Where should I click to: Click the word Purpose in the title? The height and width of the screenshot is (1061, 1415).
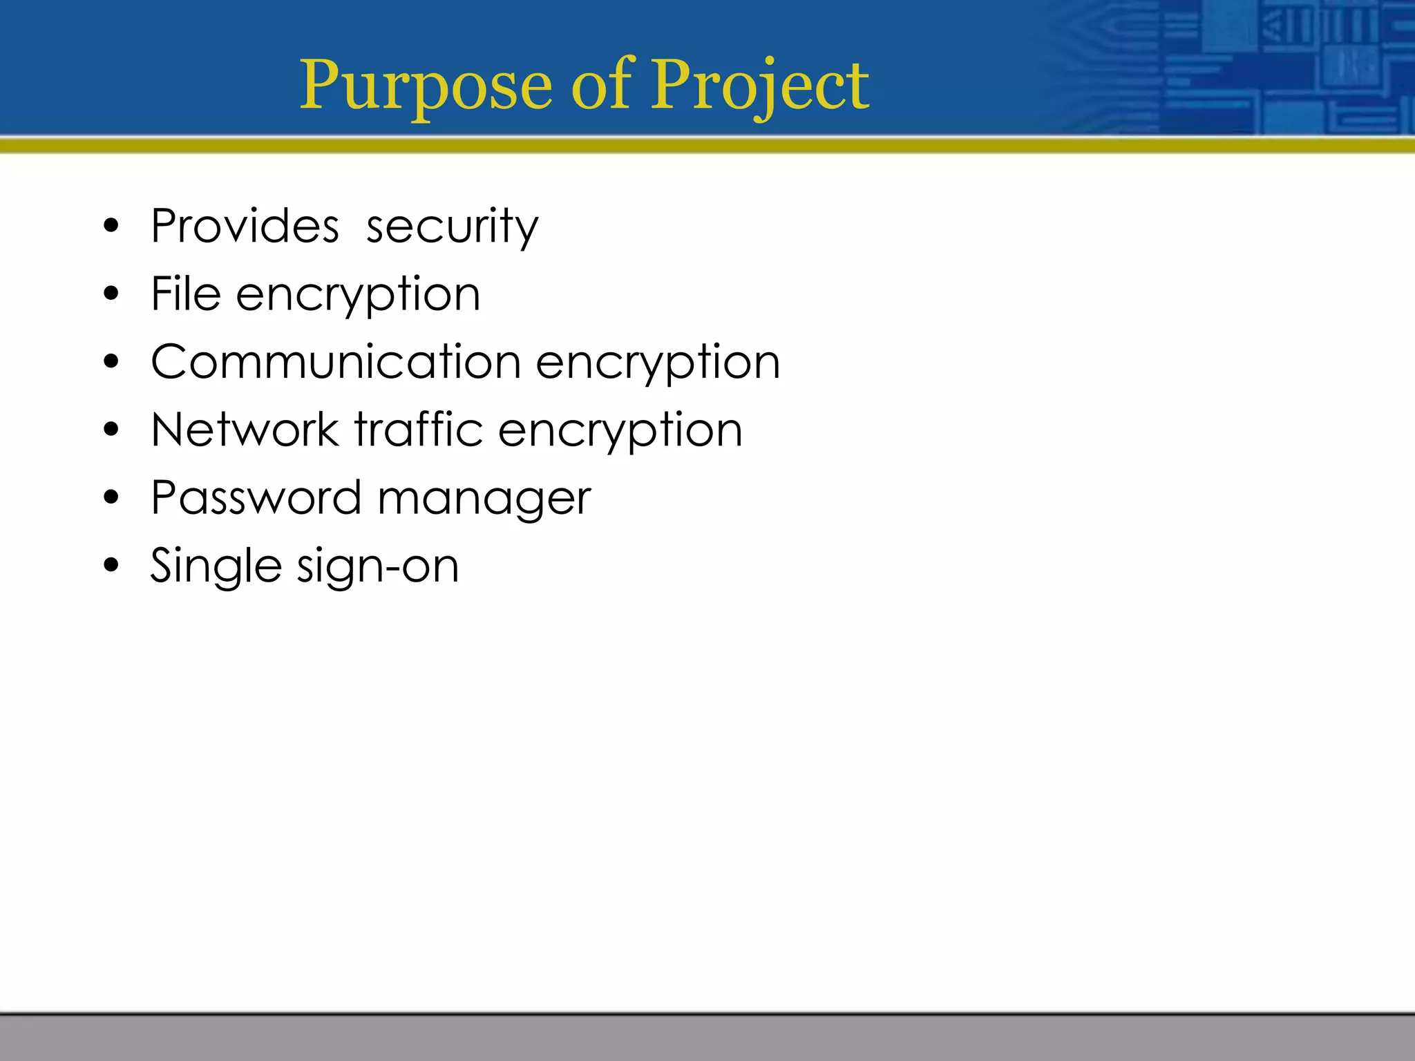click(426, 86)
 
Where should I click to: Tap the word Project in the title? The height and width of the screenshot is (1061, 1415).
click(760, 86)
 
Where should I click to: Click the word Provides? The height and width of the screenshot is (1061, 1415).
click(245, 226)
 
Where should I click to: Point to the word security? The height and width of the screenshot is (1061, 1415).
click(452, 227)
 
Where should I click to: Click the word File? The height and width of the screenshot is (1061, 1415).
click(186, 294)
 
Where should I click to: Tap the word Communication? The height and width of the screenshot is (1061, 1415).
click(336, 361)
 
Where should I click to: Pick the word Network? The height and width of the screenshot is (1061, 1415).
click(245, 430)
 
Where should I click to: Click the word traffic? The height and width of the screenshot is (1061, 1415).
click(419, 429)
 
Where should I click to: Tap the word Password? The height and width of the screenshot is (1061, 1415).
click(256, 497)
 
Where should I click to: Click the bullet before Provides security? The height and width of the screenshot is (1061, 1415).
click(111, 226)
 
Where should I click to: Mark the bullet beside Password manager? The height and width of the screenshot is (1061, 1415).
click(111, 497)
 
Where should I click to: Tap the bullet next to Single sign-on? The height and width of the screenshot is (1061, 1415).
click(111, 566)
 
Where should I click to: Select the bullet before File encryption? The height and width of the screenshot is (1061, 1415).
click(111, 294)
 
